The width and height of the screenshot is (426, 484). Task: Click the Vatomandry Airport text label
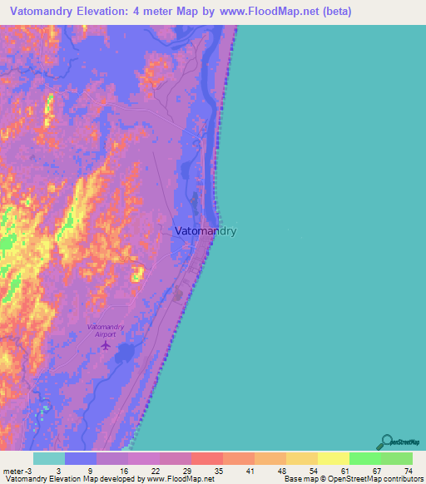106,331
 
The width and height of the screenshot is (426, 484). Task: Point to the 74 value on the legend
408,470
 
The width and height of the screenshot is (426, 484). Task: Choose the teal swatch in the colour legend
49,458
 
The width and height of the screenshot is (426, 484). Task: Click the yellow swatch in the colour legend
333,458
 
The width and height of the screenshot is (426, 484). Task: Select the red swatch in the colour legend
206,458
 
